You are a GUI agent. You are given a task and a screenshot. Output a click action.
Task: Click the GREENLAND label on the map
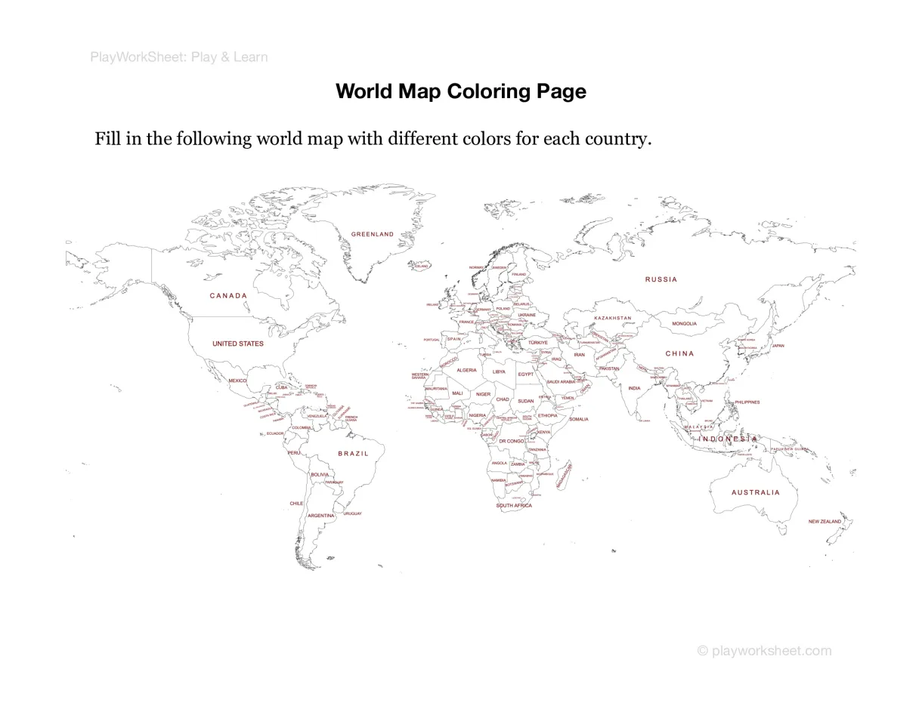pyautogui.click(x=373, y=234)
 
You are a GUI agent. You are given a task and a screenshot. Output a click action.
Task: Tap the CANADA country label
pyautogui.click(x=228, y=296)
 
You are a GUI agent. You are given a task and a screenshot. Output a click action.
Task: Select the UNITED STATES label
pyautogui.click(x=238, y=344)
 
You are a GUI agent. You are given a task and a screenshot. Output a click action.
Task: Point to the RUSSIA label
pyautogui.click(x=661, y=279)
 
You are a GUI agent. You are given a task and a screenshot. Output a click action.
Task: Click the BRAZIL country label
pyautogui.click(x=354, y=454)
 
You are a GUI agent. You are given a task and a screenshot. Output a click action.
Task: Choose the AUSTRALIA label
pyautogui.click(x=755, y=492)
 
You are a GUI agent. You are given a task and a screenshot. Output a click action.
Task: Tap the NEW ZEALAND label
pyautogui.click(x=825, y=522)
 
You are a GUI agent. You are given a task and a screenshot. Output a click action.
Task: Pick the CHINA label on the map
pyautogui.click(x=679, y=353)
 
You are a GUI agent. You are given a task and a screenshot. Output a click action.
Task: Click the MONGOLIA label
pyautogui.click(x=684, y=324)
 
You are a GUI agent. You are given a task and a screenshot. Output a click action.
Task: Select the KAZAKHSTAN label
pyautogui.click(x=612, y=318)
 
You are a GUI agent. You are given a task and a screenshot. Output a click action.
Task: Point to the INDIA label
pyautogui.click(x=634, y=388)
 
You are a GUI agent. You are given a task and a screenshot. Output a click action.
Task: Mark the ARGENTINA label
pyautogui.click(x=320, y=516)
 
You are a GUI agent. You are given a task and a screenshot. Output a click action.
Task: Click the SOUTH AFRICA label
pyautogui.click(x=514, y=506)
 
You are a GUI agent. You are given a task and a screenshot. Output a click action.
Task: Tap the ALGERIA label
pyautogui.click(x=466, y=370)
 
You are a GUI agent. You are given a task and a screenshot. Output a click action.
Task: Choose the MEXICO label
pyautogui.click(x=237, y=381)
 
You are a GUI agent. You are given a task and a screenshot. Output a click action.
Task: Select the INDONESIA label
pyautogui.click(x=728, y=439)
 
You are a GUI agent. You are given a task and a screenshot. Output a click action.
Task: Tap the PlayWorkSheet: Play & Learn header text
pyautogui.click(x=179, y=57)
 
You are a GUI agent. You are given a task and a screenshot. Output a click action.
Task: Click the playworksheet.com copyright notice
pyautogui.click(x=764, y=651)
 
